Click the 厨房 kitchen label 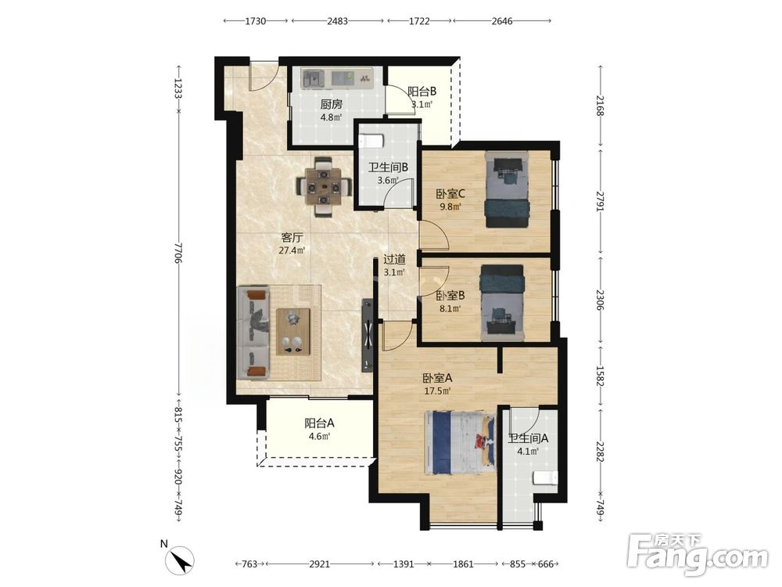click(331, 104)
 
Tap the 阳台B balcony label click(422, 92)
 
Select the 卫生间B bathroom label click(388, 167)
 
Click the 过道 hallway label click(394, 260)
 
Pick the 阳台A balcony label click(319, 423)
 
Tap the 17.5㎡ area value click(437, 391)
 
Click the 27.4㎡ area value click(292, 250)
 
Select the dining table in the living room click(324, 187)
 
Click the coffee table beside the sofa click(293, 331)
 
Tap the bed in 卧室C click(507, 189)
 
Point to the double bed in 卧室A click(460, 443)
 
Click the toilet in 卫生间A click(545, 477)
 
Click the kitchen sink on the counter click(314, 77)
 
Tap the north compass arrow click(180, 560)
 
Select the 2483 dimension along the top click(338, 21)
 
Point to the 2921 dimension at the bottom click(319, 564)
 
